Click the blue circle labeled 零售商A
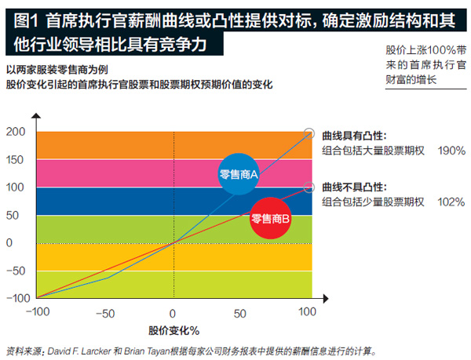click(239, 175)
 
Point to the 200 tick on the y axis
click(16, 133)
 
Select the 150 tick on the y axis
click(16, 160)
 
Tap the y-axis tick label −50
click(14, 271)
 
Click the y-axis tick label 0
click(9, 243)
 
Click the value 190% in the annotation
click(451, 151)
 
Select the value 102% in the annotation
click(451, 202)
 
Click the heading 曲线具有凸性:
click(354, 136)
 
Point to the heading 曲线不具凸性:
click(354, 187)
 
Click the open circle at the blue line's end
click(309, 133)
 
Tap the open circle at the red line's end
click(309, 188)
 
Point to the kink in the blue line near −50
click(106, 277)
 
